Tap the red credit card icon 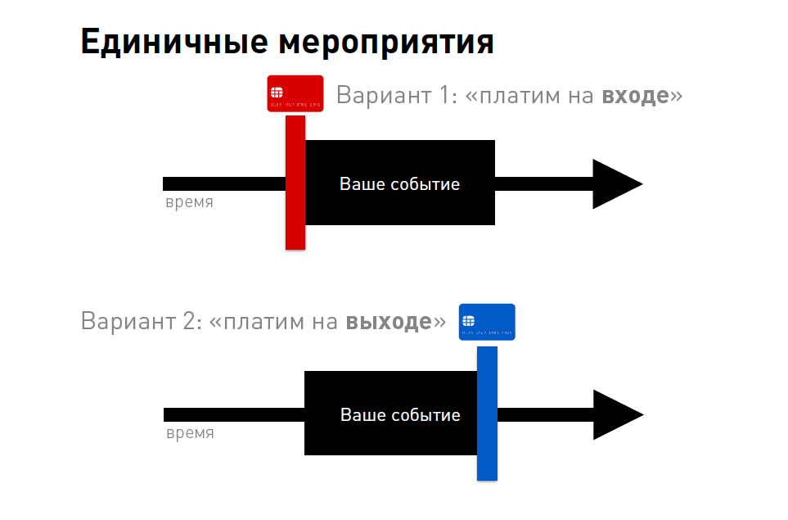(295, 94)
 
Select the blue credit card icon (487, 322)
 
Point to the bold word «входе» (635, 95)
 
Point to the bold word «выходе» (388, 321)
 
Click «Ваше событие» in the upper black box (399, 184)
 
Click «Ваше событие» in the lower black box (400, 415)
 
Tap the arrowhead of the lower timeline (615, 414)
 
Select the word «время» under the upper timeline (189, 202)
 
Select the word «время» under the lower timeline (190, 433)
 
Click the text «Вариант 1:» (395, 95)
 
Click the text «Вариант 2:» (140, 321)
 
